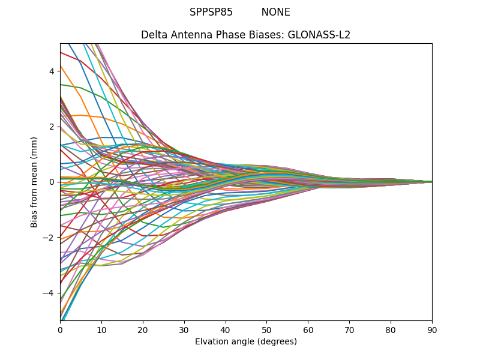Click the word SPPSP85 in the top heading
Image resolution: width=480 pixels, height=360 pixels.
211,12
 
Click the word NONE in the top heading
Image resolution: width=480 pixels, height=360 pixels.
275,12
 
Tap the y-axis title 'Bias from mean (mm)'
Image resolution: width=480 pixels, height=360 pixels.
35,181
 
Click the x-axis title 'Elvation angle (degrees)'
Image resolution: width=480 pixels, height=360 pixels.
246,342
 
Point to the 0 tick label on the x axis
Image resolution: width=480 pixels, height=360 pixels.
60,329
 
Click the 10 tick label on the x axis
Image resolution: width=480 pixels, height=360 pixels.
101,329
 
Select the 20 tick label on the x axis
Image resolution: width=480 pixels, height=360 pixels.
143,329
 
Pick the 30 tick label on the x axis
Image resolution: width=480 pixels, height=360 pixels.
184,329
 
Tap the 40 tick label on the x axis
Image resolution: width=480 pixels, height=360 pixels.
226,329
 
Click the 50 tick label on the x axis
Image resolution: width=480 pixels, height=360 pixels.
266,329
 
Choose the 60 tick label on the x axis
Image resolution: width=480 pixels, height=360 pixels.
308,329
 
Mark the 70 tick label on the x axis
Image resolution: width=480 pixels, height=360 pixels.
349,329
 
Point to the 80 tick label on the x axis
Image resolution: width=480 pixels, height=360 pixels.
391,329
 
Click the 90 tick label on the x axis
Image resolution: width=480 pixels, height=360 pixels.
432,329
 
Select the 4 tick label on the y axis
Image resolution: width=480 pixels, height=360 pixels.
52,71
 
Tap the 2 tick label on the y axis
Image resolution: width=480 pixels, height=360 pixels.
52,127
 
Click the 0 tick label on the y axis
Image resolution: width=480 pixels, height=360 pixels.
52,182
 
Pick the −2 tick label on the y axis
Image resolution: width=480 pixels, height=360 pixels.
49,238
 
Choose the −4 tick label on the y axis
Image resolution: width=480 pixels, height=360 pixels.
49,293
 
